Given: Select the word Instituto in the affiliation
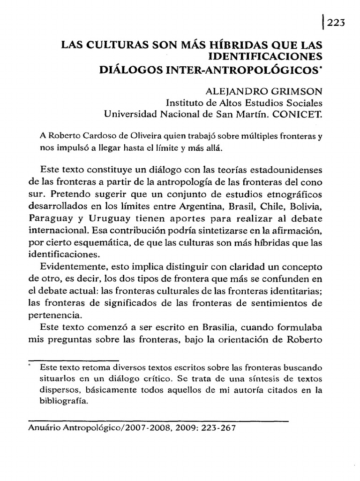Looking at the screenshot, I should pos(185,102).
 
